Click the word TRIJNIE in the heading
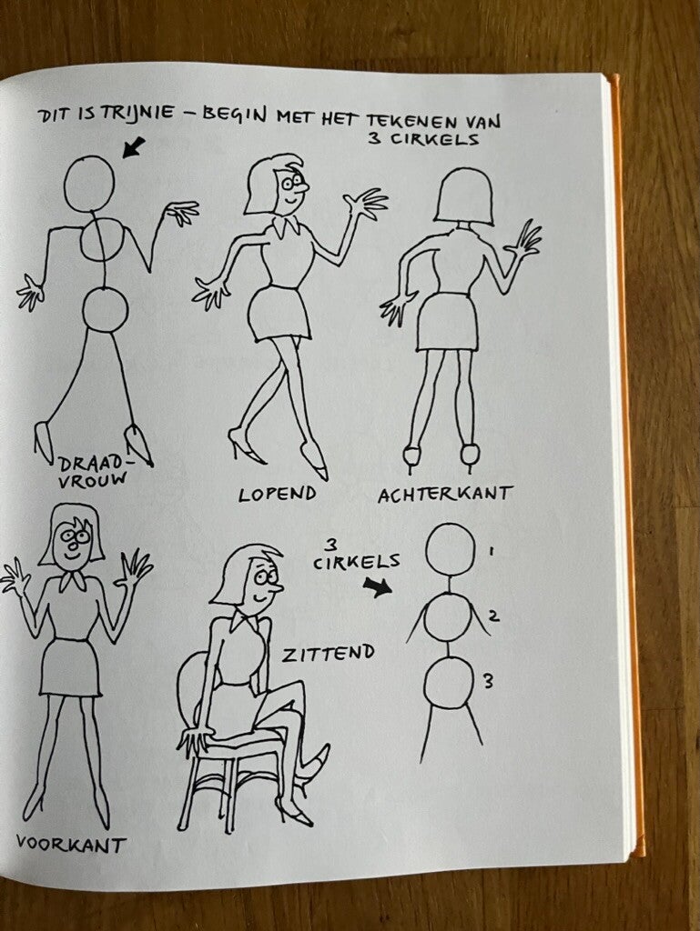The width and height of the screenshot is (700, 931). click(139, 113)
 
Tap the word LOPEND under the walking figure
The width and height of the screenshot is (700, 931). click(278, 494)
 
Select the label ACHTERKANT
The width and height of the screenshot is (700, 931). click(445, 494)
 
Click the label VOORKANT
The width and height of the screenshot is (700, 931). click(71, 844)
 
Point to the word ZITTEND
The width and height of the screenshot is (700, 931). click(329, 653)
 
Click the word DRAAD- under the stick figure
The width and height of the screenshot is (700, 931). click(95, 462)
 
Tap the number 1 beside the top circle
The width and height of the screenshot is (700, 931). click(491, 551)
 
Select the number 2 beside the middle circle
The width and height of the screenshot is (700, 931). click(493, 616)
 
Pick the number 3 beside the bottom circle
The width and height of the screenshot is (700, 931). click(487, 681)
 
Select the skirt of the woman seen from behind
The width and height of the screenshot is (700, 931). click(447, 321)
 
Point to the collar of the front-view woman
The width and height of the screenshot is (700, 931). click(73, 579)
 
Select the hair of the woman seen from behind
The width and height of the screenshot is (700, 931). click(464, 196)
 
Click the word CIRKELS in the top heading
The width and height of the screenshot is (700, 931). click(434, 141)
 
